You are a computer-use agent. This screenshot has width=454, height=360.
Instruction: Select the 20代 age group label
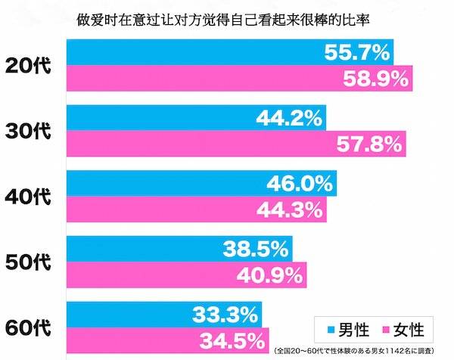(x=27, y=66)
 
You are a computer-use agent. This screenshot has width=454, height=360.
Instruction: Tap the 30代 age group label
(x=27, y=131)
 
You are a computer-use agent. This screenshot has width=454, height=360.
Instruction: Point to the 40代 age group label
(x=27, y=197)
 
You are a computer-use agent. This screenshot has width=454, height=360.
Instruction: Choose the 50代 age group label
(x=27, y=262)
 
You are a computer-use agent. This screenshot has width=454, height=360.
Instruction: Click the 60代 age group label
(x=27, y=327)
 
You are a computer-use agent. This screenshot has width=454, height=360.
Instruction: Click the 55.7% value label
(x=356, y=52)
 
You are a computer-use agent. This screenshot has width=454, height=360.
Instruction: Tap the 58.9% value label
(x=375, y=78)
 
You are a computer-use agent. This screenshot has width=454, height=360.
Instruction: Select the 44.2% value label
(x=290, y=118)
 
